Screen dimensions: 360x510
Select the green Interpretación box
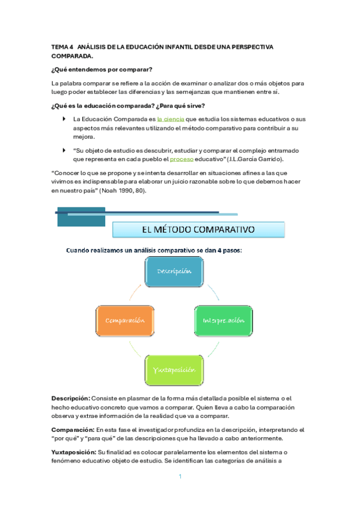pyautogui.click(x=223, y=320)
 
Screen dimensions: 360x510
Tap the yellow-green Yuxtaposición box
pyautogui.click(x=174, y=369)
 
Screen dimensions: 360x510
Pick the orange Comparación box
pyautogui.click(x=125, y=320)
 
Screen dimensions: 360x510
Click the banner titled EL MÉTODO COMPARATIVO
pyautogui.click(x=198, y=229)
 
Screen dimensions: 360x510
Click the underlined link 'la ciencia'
pyautogui.click(x=171, y=119)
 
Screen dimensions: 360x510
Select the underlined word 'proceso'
pyautogui.click(x=182, y=159)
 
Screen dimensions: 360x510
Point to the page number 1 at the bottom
pyautogui.click(x=180, y=477)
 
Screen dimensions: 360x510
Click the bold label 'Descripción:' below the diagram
pyautogui.click(x=71, y=398)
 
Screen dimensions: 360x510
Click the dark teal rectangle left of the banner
pyautogui.click(x=79, y=217)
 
